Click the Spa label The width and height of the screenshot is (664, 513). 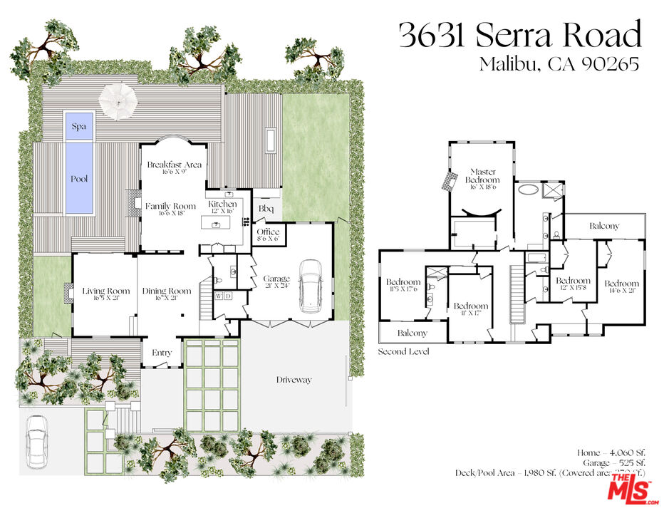[x=78, y=126]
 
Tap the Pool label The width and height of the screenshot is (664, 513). [x=79, y=178]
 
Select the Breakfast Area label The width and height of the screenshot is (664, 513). [x=174, y=165]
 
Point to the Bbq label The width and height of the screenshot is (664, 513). [x=266, y=208]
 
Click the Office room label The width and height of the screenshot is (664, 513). [x=268, y=232]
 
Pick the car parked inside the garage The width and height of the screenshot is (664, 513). [x=311, y=286]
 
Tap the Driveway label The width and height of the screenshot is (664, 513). [x=294, y=380]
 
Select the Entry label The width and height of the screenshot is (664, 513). [x=162, y=353]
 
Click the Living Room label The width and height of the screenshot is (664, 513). [x=105, y=291]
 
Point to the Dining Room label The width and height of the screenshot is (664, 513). [x=167, y=291]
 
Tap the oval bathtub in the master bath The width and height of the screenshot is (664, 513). [x=529, y=190]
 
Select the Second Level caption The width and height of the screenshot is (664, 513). [x=403, y=351]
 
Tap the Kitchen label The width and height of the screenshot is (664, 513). [x=222, y=204]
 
